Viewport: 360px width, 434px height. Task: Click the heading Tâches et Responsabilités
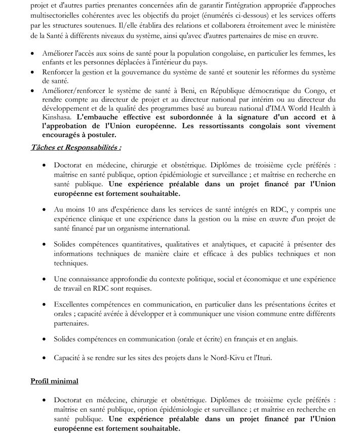(76, 147)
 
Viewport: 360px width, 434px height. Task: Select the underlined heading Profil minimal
(54, 381)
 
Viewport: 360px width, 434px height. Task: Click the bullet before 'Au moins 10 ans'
(46, 209)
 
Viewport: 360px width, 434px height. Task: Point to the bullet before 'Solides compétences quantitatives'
(46, 245)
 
